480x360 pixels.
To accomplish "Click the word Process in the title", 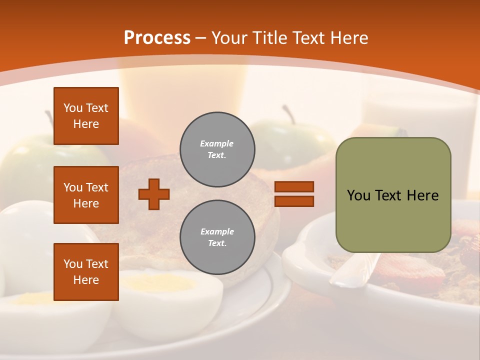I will [157, 38].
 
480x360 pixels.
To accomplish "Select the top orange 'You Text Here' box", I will [86, 116].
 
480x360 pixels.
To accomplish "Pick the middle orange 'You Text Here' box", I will [86, 195].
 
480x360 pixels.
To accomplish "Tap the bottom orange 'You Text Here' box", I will [86, 272].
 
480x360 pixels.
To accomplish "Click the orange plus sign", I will [154, 194].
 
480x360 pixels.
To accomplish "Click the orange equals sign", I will [294, 194].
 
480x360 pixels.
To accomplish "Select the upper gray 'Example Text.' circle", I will [217, 149].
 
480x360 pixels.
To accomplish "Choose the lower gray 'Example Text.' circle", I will [217, 237].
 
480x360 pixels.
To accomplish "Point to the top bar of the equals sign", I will [294, 187].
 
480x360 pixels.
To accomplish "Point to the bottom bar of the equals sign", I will [294, 201].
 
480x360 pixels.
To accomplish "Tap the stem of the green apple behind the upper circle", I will [287, 113].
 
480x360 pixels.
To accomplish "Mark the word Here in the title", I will [348, 38].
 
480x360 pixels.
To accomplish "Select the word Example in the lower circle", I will [217, 231].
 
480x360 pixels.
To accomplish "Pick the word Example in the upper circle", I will [217, 143].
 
